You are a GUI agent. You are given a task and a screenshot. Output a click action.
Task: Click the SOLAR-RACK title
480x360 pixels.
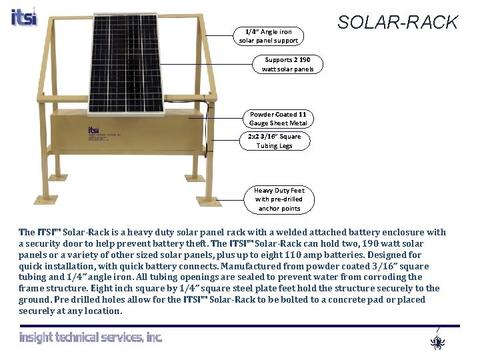click(397, 23)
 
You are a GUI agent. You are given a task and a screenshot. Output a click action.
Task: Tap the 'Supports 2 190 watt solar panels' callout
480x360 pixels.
click(287, 64)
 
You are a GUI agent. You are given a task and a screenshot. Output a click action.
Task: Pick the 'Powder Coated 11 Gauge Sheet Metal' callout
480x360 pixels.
click(278, 119)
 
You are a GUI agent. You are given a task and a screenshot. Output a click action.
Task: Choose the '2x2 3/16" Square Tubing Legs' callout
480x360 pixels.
click(275, 141)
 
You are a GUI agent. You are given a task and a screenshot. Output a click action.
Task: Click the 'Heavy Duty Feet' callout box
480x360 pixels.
click(279, 199)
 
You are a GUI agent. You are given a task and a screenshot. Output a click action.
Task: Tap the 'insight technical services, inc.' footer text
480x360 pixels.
click(91, 337)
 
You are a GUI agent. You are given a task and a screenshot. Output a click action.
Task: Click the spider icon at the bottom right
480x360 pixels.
click(437, 343)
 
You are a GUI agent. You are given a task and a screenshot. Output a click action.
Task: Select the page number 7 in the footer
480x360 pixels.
click(437, 330)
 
